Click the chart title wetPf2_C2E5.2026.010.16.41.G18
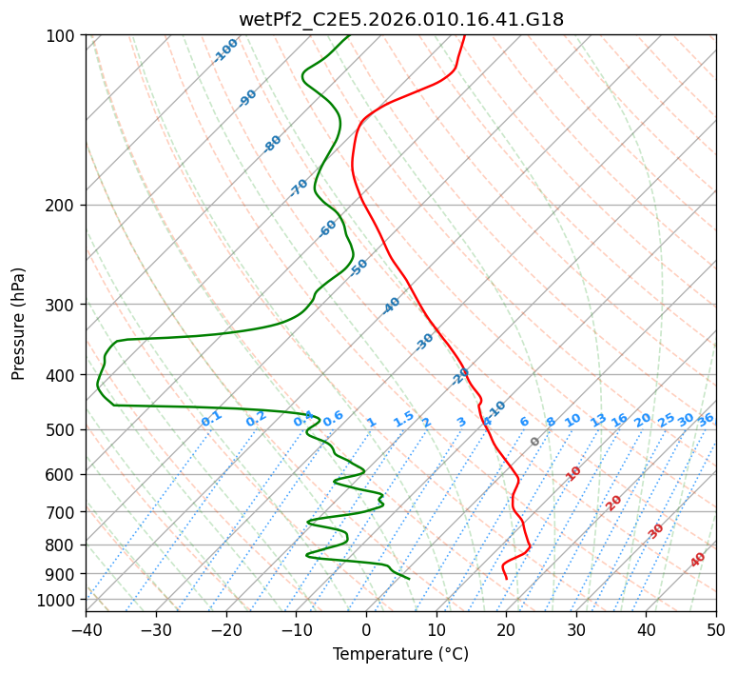click(x=401, y=20)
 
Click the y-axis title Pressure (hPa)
click(x=17, y=324)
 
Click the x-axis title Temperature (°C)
click(x=401, y=654)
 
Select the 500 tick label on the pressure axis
click(x=63, y=430)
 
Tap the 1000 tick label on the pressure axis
click(x=62, y=601)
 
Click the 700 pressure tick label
click(x=63, y=512)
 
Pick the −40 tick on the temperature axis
click(x=86, y=629)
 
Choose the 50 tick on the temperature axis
click(x=716, y=629)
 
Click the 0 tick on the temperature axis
click(x=366, y=629)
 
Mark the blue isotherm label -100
click(x=225, y=50)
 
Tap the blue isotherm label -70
click(x=299, y=188)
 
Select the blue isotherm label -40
click(x=391, y=306)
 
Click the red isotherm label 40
click(x=698, y=560)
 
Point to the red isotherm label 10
click(x=573, y=473)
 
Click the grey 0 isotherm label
click(x=534, y=442)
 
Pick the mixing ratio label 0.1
click(x=211, y=419)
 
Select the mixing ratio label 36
click(x=706, y=420)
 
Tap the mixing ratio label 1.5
click(x=404, y=419)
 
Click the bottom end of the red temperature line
click(x=506, y=579)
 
